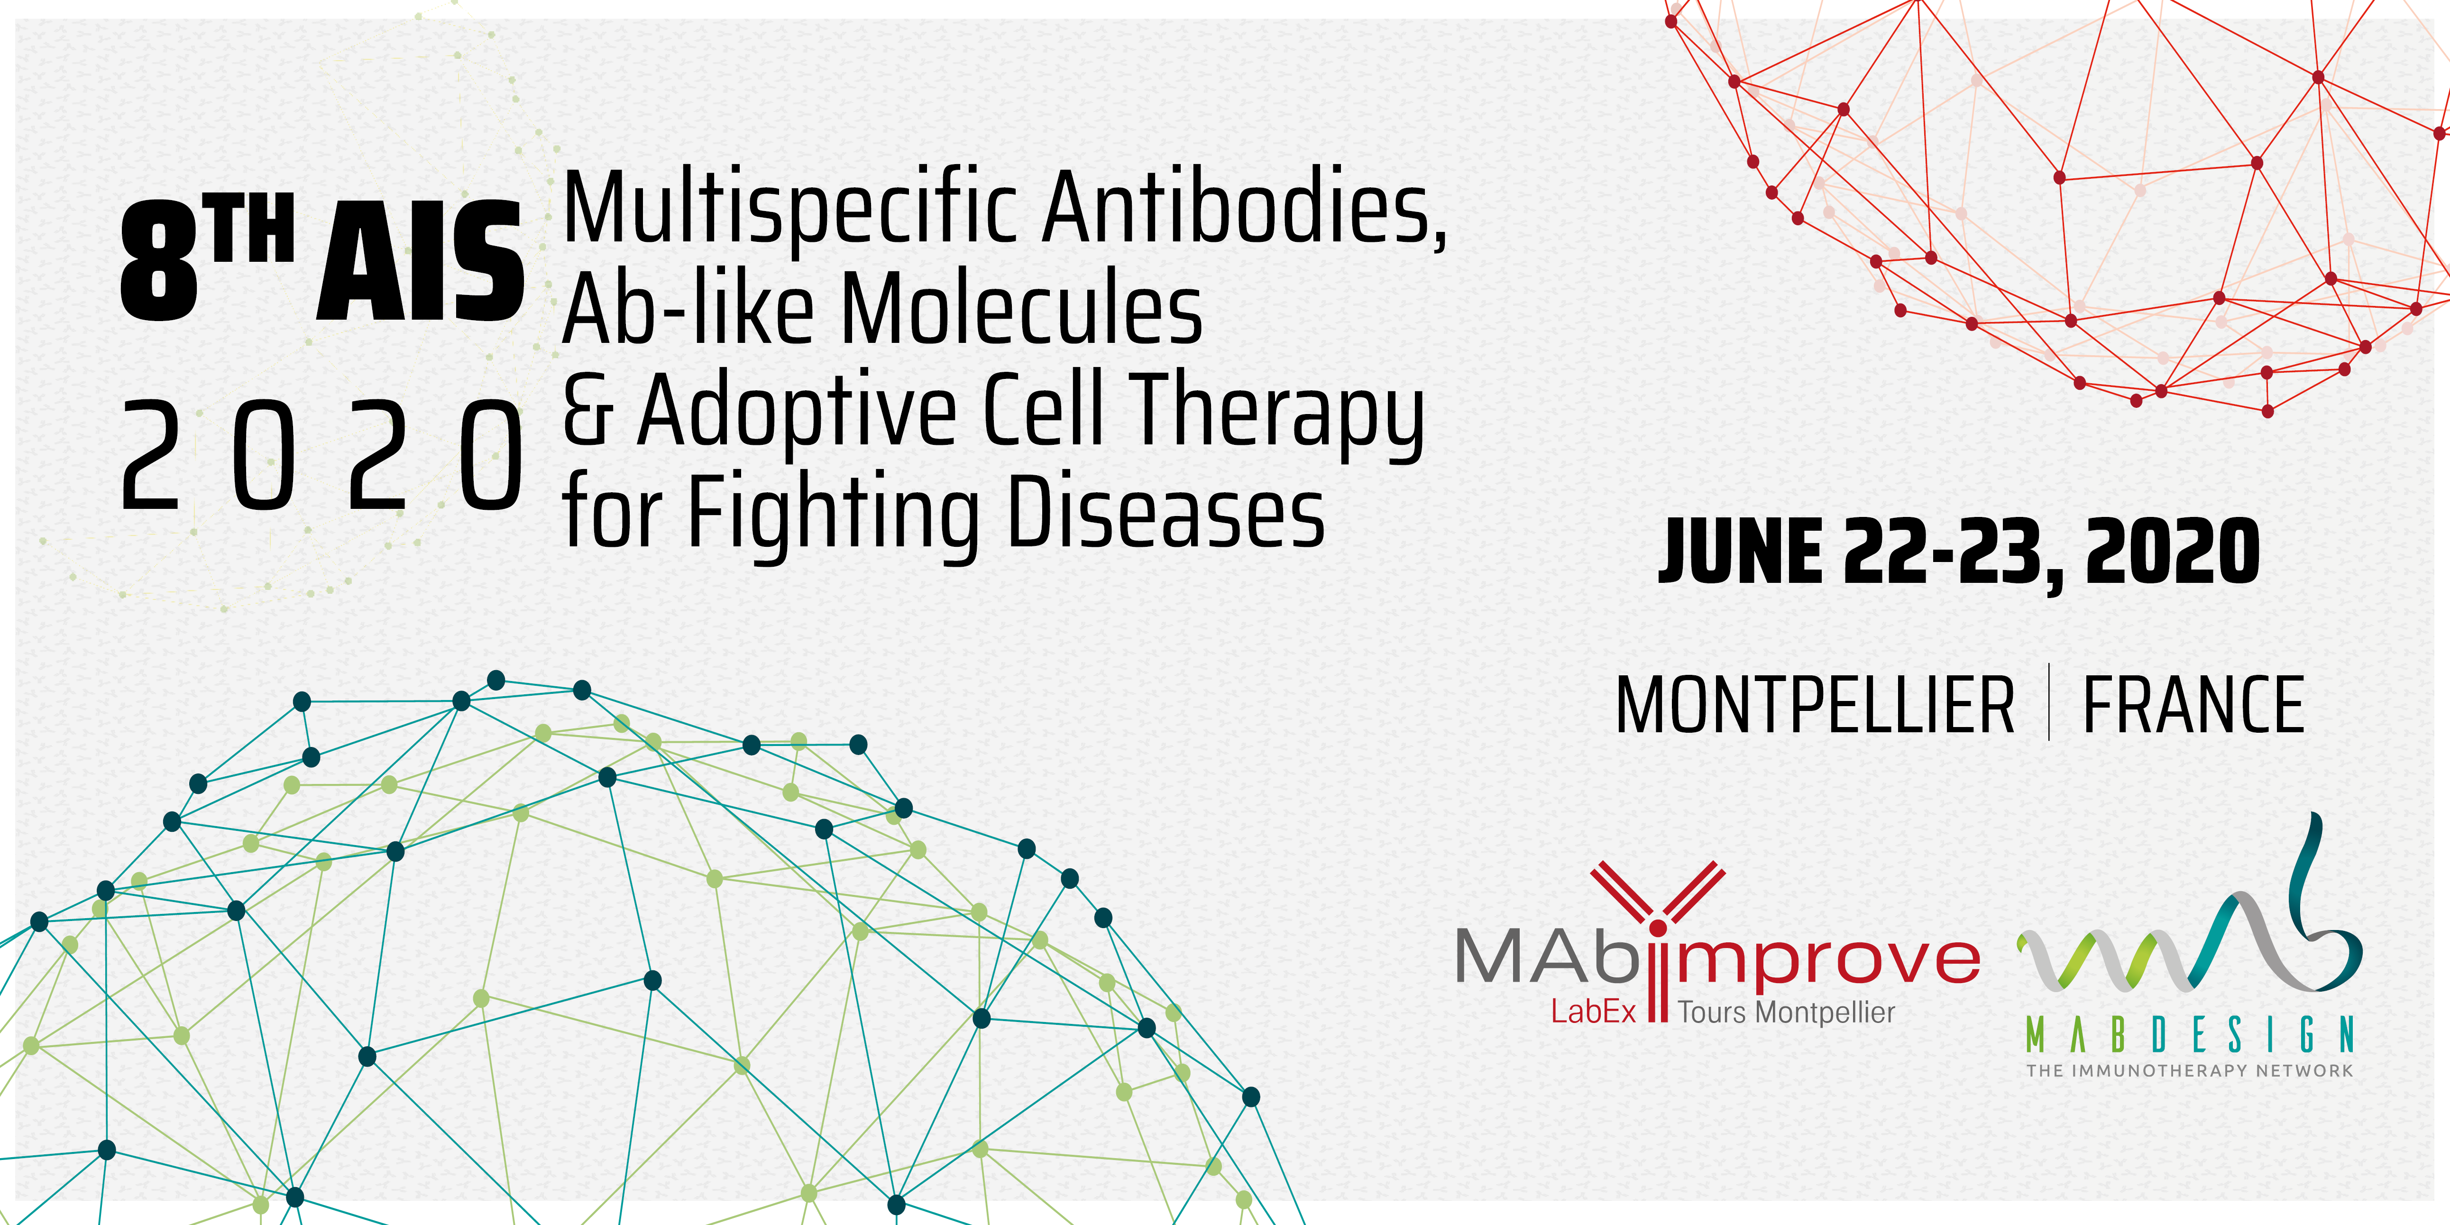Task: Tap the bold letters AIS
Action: click(421, 260)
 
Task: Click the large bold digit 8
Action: click(159, 260)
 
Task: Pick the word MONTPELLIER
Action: click(1815, 705)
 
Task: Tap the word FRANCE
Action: click(2193, 705)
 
